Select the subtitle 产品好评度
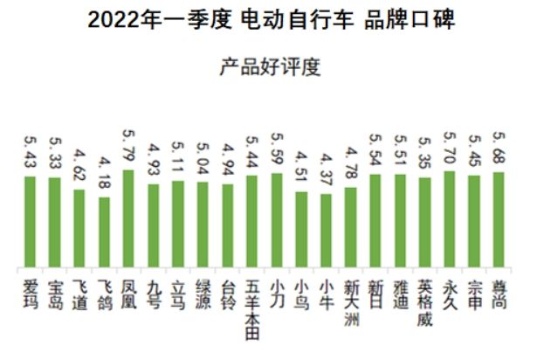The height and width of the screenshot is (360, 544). click(x=272, y=66)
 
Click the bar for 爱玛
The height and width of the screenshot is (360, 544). click(x=29, y=222)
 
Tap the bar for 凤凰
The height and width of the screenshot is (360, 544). click(x=128, y=218)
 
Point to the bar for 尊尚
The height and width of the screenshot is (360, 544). click(x=499, y=220)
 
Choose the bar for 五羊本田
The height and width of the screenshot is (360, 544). click(x=251, y=222)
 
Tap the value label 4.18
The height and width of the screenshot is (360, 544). click(x=104, y=175)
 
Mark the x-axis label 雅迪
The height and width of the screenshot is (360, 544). click(x=401, y=293)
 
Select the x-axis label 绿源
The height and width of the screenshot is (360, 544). click(x=203, y=293)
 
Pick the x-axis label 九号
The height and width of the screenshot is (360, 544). click(x=154, y=293)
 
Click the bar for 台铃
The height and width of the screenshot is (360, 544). click(x=227, y=227)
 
